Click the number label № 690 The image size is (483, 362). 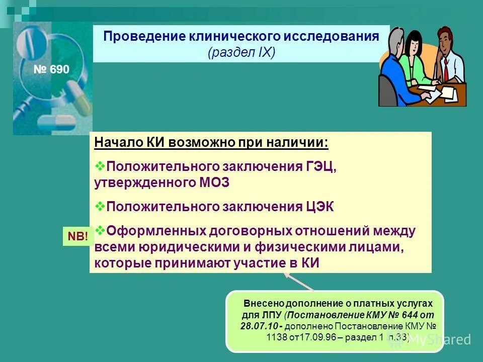click(x=51, y=69)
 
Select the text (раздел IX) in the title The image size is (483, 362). click(x=242, y=53)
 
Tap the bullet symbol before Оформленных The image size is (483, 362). click(x=99, y=230)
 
